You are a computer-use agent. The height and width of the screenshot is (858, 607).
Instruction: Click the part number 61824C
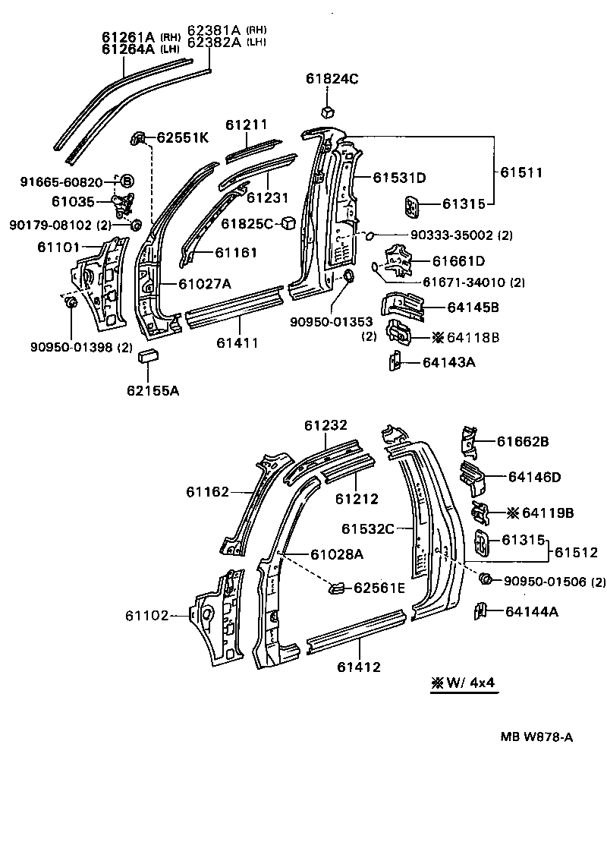click(x=332, y=78)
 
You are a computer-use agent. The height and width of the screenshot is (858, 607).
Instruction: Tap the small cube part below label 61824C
click(x=327, y=111)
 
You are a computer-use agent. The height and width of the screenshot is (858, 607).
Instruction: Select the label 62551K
click(x=182, y=137)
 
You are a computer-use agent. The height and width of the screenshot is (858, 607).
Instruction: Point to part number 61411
click(x=237, y=342)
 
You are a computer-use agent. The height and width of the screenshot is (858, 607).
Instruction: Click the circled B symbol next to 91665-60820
click(x=127, y=181)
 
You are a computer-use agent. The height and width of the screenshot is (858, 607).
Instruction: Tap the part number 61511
click(x=521, y=172)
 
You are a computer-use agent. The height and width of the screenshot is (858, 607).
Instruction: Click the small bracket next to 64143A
click(x=395, y=361)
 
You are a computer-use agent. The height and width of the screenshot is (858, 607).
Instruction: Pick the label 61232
click(x=326, y=426)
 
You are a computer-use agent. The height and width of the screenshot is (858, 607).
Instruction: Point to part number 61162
click(x=207, y=492)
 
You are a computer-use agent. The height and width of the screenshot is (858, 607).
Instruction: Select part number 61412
click(x=359, y=667)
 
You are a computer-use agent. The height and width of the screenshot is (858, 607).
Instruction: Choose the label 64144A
click(x=531, y=610)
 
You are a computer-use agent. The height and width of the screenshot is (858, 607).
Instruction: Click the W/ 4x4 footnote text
click(x=463, y=683)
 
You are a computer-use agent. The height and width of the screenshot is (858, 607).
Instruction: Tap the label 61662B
click(x=523, y=441)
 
